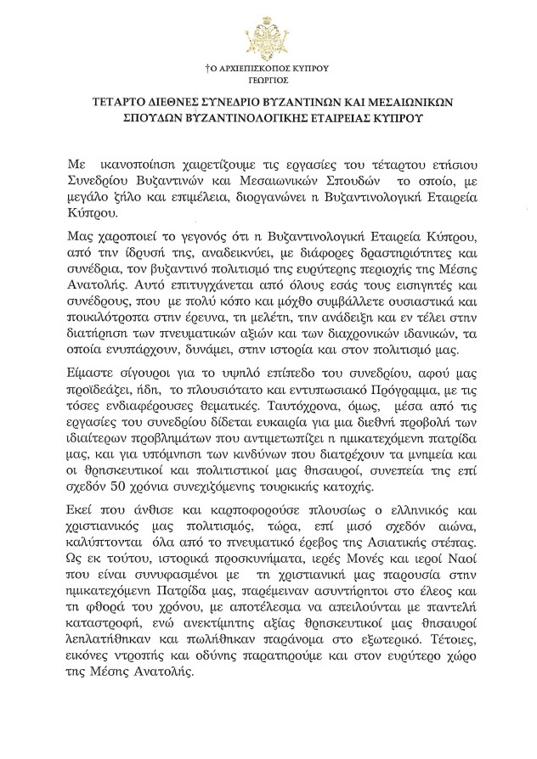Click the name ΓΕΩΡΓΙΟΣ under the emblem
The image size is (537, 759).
[268, 75]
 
